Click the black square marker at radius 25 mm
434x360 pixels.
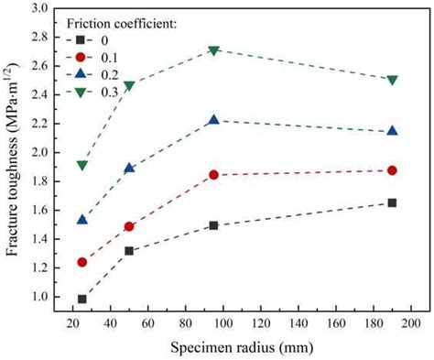pyautogui.click(x=82, y=299)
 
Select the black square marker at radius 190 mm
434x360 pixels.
pyautogui.click(x=392, y=202)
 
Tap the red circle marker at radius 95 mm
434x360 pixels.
pyautogui.click(x=213, y=174)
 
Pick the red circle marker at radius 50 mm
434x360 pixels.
pyautogui.click(x=129, y=226)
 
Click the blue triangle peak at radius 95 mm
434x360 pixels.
pyautogui.click(x=213, y=120)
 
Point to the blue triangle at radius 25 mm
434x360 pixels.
pyautogui.click(x=82, y=220)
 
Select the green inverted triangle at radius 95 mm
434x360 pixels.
pyautogui.click(x=213, y=50)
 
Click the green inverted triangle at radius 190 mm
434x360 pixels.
pyautogui.click(x=392, y=81)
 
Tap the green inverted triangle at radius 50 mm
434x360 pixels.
pyautogui.click(x=129, y=85)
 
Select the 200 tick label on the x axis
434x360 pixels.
pyautogui.click(x=410, y=323)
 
